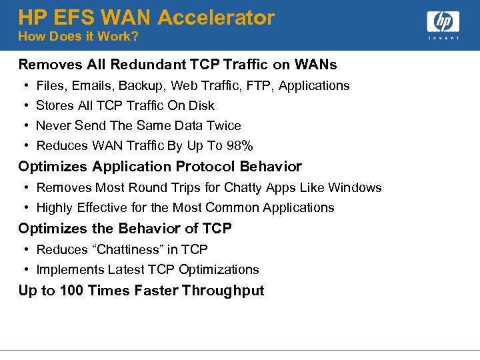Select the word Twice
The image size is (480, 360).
coord(224,125)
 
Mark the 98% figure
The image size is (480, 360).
coord(239,145)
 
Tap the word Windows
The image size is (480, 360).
coord(357,187)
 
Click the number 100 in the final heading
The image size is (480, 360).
coord(71,290)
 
